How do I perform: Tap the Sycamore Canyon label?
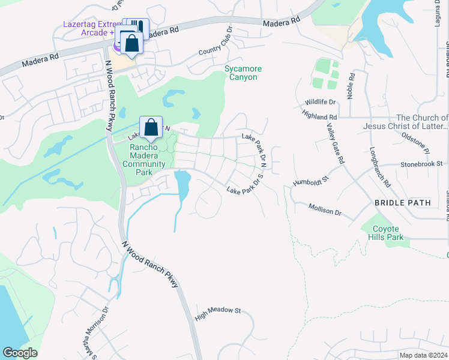pos(243,73)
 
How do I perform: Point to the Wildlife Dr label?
pos(319,103)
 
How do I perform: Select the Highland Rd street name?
pos(320,116)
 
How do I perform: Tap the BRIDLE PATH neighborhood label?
pos(402,203)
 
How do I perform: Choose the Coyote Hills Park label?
pos(387,233)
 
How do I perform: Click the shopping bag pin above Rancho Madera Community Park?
pos(151,127)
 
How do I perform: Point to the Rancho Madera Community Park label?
pos(143,160)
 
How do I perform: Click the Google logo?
pos(20,353)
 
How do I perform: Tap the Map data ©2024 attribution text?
pos(423,355)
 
